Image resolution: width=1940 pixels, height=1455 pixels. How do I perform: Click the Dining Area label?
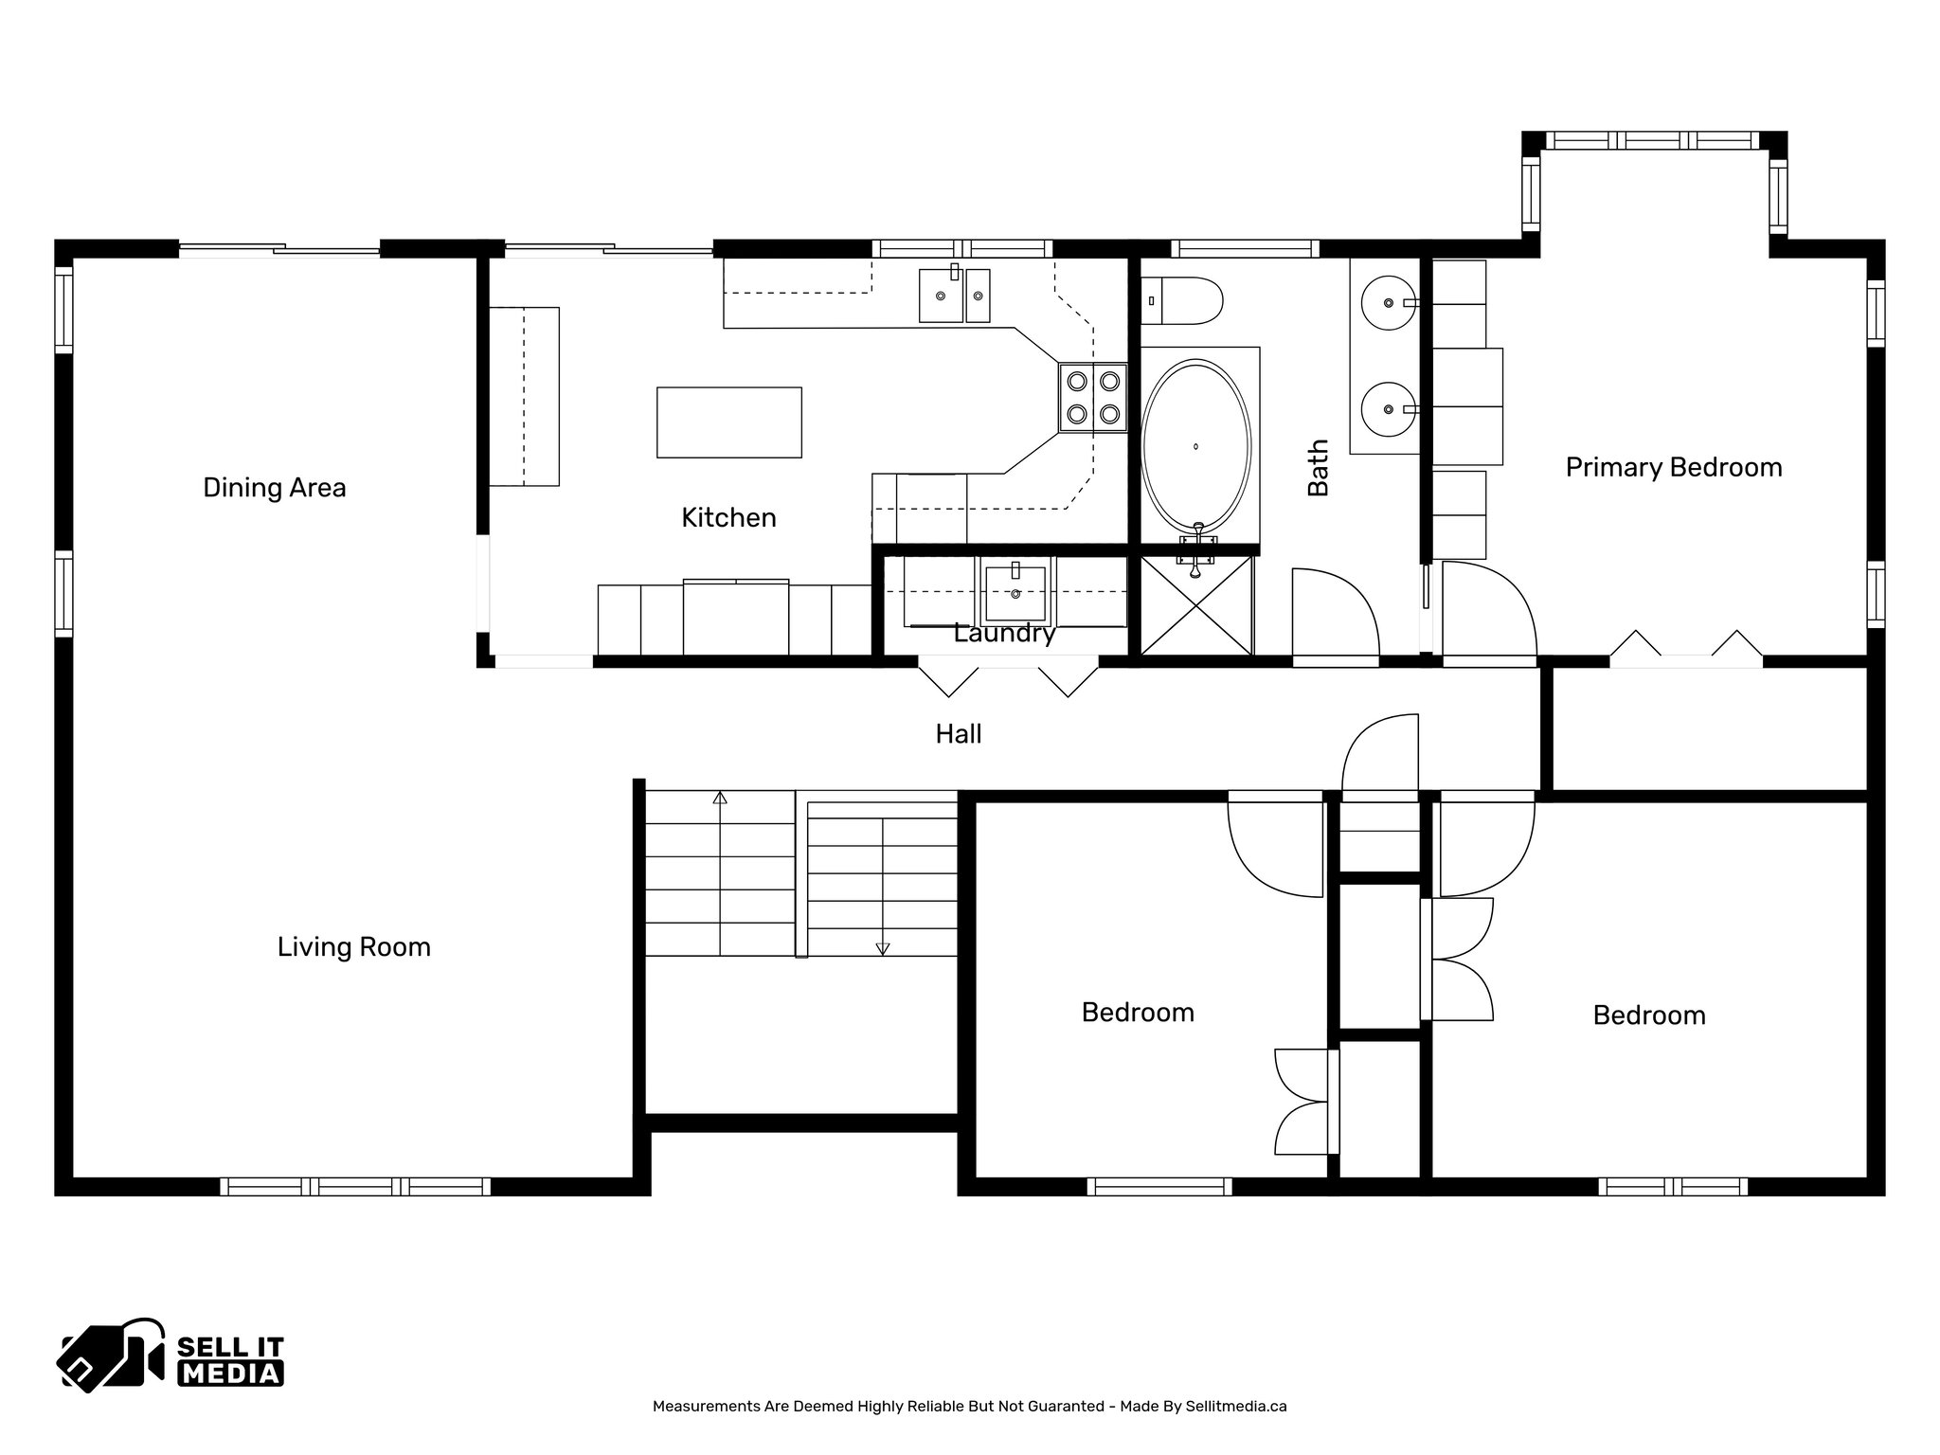click(x=275, y=488)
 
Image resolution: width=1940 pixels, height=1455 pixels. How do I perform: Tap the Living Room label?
click(x=354, y=947)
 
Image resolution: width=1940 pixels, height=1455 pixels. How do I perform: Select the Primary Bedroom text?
click(x=1674, y=468)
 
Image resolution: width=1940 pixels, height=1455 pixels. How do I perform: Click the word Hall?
click(x=959, y=733)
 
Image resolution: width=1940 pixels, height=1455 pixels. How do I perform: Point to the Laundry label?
click(x=1004, y=634)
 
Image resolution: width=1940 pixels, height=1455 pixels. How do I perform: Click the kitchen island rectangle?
click(x=729, y=422)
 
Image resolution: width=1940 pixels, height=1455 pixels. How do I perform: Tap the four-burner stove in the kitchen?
click(x=1092, y=398)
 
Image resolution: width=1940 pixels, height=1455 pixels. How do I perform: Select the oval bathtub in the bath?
click(x=1196, y=447)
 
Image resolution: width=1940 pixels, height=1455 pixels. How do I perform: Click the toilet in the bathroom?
click(x=1181, y=301)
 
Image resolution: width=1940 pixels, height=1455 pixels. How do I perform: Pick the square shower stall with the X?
click(x=1196, y=605)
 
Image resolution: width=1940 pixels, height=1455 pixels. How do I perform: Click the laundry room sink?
click(x=1015, y=594)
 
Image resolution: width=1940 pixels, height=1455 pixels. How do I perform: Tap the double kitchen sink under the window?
click(x=955, y=295)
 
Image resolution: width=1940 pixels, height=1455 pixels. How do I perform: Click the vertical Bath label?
click(x=1319, y=468)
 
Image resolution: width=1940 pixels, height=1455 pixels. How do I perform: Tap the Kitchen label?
click(x=729, y=517)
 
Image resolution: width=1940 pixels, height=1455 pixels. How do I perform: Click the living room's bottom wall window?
click(x=355, y=1186)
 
